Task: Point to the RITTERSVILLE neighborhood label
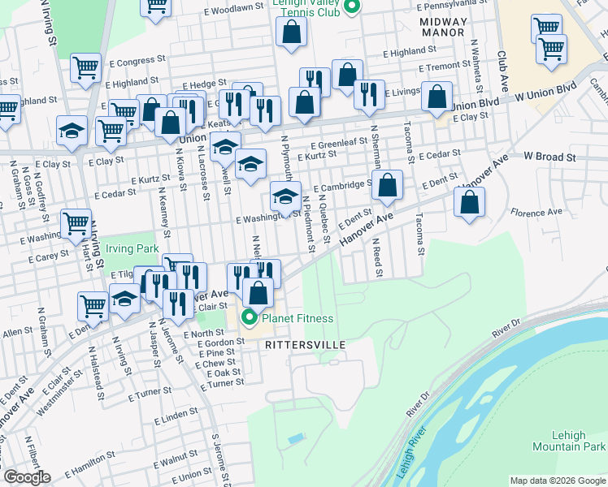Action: coord(306,345)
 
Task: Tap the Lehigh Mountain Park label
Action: coord(569,441)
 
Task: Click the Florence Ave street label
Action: coord(536,213)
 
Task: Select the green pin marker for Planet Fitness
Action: coord(250,317)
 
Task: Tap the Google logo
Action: coord(27,477)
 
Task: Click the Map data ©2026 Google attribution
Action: coord(558,481)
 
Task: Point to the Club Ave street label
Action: coord(503,71)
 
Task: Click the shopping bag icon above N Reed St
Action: coord(388,186)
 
